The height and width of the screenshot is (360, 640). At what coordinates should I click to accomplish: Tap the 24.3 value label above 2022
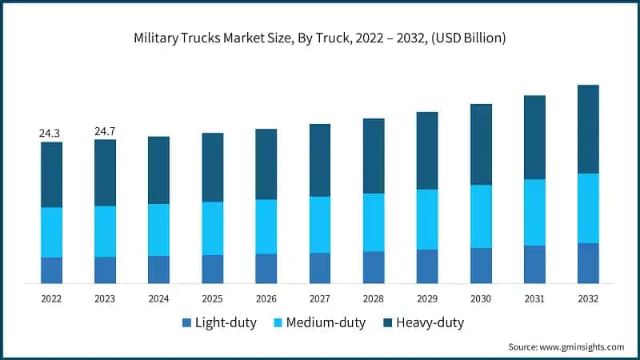[51, 133]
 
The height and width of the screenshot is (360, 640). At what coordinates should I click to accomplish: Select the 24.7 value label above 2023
[105, 130]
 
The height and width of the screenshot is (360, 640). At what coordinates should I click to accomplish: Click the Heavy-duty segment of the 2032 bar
[588, 129]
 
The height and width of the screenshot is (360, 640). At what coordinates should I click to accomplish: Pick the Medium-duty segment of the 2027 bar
[320, 225]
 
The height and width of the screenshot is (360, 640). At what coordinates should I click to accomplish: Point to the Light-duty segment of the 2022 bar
[51, 270]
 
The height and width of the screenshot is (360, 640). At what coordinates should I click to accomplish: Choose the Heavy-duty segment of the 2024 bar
[158, 170]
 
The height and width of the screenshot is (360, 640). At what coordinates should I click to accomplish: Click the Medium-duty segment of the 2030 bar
[481, 216]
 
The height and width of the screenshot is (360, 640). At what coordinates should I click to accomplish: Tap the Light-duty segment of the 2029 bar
[427, 266]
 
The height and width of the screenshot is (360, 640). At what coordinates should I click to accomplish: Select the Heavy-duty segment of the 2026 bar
[266, 164]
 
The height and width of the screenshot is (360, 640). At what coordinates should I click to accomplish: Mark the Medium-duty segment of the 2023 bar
[105, 231]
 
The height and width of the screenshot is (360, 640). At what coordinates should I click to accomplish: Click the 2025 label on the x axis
[212, 298]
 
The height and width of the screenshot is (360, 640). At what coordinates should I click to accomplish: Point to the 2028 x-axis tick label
[374, 298]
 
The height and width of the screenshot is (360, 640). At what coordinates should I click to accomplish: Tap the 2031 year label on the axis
[534, 298]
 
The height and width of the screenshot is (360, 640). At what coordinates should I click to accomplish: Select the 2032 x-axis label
[588, 298]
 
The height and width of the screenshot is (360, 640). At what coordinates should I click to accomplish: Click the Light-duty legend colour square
[187, 323]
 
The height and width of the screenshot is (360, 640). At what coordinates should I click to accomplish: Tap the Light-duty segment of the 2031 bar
[534, 264]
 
